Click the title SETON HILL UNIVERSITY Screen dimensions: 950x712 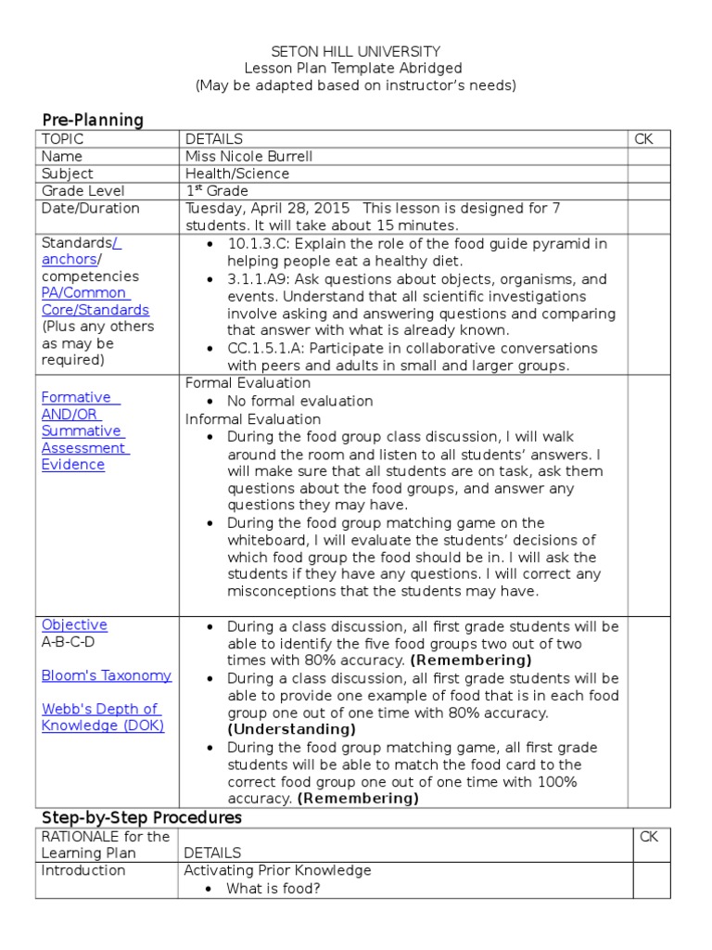pos(355,52)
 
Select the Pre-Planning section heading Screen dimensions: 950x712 pos(93,120)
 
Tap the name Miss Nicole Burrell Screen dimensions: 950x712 pos(248,156)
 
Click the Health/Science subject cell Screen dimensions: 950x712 pos(237,173)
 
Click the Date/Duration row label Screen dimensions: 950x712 pos(91,208)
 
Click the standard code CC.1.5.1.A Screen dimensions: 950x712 pos(270,348)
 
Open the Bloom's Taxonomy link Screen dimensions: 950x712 pos(107,675)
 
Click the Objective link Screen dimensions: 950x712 pos(74,625)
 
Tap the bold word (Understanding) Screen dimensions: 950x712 pos(291,730)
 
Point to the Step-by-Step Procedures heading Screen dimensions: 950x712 pos(141,817)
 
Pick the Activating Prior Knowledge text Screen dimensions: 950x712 pos(277,870)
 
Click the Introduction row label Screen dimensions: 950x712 pos(83,870)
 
